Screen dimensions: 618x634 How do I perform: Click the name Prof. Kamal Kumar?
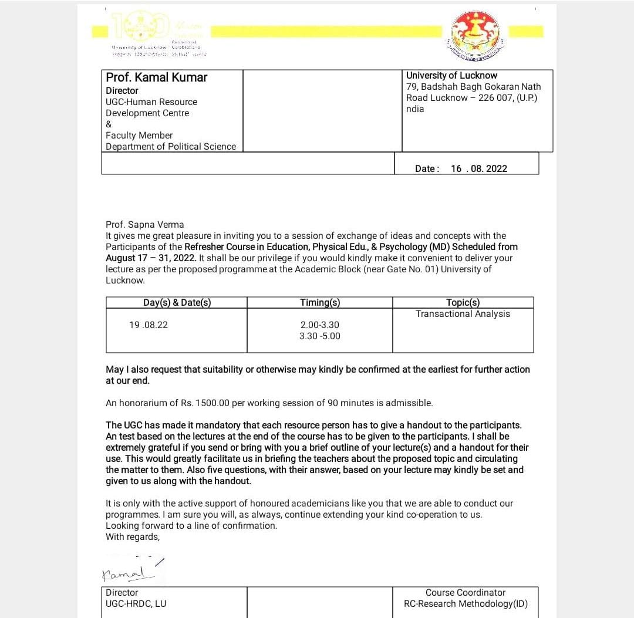click(156, 77)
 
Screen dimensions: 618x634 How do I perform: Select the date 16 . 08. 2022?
click(478, 168)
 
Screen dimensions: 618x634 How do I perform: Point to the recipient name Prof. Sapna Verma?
click(144, 224)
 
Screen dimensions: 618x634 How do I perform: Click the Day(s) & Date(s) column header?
click(177, 302)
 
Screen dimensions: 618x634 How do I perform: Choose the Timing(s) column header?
click(319, 302)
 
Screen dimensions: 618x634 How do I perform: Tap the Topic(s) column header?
click(463, 302)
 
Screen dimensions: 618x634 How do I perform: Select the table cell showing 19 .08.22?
click(149, 325)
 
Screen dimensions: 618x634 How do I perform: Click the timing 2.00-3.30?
click(319, 325)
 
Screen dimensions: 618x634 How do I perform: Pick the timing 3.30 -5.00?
click(319, 336)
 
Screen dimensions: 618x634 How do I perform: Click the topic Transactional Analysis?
click(463, 314)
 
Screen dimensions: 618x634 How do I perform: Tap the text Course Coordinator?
click(465, 593)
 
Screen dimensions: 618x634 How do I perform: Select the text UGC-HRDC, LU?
click(136, 603)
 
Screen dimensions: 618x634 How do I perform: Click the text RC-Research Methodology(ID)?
click(465, 603)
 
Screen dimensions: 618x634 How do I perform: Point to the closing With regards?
click(133, 536)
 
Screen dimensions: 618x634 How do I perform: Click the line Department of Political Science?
click(171, 146)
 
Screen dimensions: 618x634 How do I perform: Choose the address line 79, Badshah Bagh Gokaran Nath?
click(473, 86)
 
